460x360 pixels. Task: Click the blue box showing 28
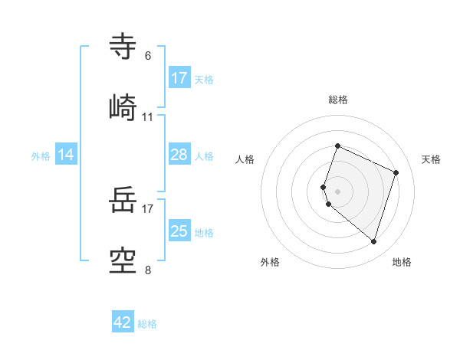[x=179, y=155]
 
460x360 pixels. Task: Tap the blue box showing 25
[x=179, y=231]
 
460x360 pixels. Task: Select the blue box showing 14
[x=66, y=155]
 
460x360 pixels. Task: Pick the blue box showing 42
[x=123, y=322]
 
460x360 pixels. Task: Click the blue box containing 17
[x=179, y=78]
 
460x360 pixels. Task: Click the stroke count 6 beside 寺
[x=148, y=56]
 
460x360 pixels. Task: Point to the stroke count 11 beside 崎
[x=148, y=117]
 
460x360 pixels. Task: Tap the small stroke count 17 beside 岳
[x=148, y=207]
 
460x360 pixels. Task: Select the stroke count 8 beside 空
[x=148, y=269]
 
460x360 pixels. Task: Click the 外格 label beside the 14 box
[x=41, y=156]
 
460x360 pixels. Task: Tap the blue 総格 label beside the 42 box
[x=147, y=324]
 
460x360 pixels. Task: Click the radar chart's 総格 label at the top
[x=338, y=100]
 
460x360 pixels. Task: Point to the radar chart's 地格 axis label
[x=402, y=262]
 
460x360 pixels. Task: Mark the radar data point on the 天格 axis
[x=396, y=172]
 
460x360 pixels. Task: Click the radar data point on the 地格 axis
[x=373, y=241]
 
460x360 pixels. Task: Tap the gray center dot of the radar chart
[x=338, y=191]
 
